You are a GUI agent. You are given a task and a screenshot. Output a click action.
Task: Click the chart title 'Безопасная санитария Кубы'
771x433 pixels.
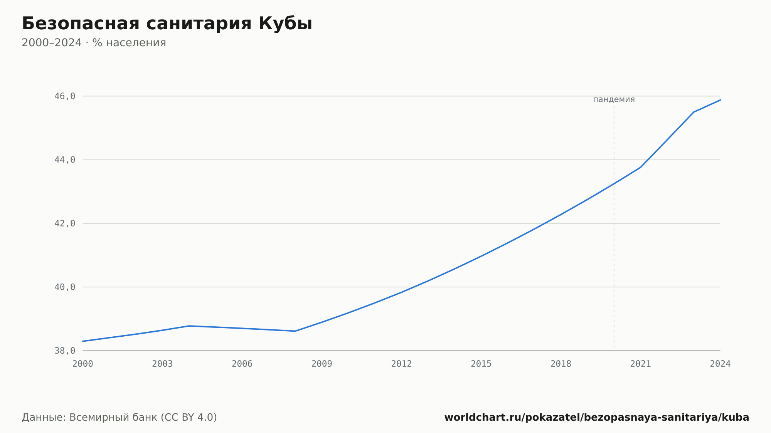[167, 23]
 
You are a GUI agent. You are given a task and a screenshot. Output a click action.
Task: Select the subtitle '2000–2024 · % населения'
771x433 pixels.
[94, 43]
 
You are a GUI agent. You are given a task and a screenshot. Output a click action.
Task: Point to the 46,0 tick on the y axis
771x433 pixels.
[65, 96]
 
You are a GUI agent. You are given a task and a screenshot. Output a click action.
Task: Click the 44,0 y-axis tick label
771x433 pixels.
[65, 159]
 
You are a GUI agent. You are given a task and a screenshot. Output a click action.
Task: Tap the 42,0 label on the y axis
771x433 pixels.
[65, 223]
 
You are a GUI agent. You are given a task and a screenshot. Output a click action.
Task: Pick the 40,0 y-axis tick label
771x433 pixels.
[65, 287]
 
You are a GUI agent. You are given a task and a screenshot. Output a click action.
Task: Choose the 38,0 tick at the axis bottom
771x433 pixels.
[65, 351]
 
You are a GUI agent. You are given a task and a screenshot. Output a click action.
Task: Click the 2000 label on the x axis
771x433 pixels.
[83, 364]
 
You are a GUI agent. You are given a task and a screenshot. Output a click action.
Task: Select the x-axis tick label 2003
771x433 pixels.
[162, 364]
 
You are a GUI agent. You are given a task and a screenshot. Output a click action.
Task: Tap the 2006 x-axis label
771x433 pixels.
[242, 364]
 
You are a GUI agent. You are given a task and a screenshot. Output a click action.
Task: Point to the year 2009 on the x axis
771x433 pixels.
[322, 364]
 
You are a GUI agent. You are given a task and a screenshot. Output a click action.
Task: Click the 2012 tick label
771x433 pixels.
[402, 364]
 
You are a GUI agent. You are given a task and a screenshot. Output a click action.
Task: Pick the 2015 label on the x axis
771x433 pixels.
[481, 364]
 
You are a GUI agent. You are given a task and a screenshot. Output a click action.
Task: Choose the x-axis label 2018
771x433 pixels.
[561, 364]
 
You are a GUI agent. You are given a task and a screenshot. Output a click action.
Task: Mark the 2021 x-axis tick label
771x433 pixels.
[641, 364]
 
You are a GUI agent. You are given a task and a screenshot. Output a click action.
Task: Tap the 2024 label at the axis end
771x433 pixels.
[720, 364]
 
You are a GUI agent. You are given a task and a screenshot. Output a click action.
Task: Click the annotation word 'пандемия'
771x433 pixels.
[614, 99]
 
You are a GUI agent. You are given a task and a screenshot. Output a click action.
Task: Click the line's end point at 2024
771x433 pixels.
[720, 100]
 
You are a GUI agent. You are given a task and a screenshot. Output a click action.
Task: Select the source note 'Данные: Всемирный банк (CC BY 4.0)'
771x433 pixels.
[120, 417]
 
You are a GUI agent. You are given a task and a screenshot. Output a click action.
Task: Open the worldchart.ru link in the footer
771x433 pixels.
[597, 417]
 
